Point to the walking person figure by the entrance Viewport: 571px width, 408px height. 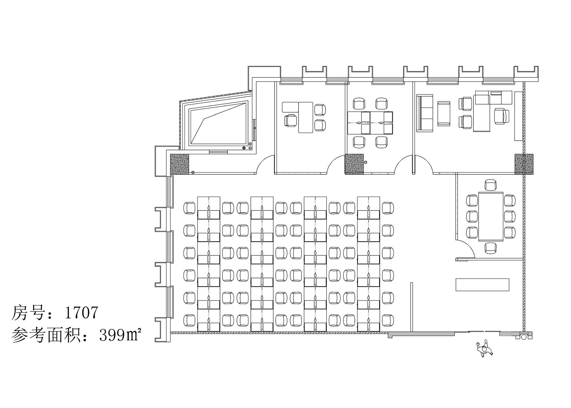pyautogui.click(x=485, y=350)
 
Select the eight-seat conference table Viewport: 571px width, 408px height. pyautogui.click(x=491, y=216)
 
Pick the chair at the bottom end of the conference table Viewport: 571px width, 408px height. pyautogui.click(x=491, y=248)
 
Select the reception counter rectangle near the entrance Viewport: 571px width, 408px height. pyautogui.click(x=482, y=285)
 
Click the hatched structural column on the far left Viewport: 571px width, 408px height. pyautogui.click(x=180, y=164)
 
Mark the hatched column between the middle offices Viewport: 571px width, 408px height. pyautogui.click(x=354, y=164)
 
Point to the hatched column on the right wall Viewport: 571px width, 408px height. pyautogui.click(x=524, y=164)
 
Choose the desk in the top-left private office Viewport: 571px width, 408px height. pyautogui.click(x=305, y=117)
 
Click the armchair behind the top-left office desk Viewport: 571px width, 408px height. pyautogui.click(x=290, y=120)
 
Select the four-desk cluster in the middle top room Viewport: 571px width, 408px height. pyautogui.click(x=370, y=123)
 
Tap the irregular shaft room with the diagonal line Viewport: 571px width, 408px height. pyautogui.click(x=219, y=123)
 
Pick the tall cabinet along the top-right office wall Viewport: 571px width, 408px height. pyautogui.click(x=518, y=115)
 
